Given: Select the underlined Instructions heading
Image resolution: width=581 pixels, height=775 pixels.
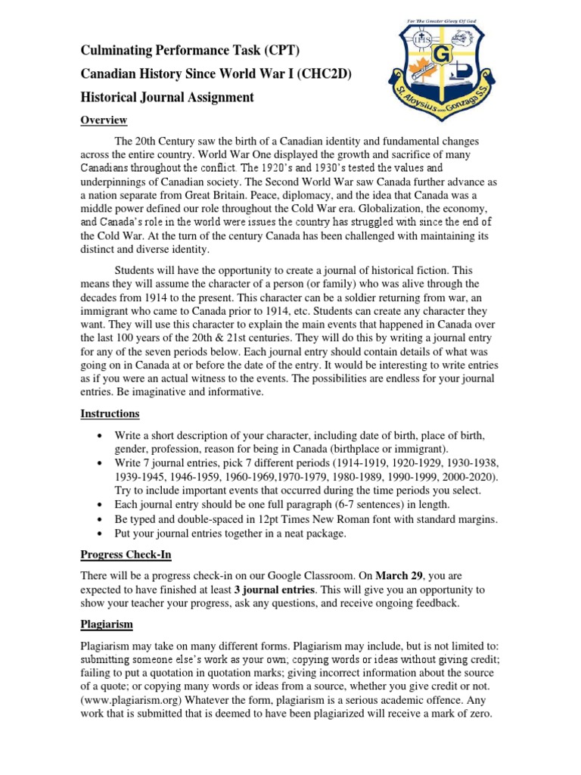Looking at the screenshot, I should (x=110, y=414).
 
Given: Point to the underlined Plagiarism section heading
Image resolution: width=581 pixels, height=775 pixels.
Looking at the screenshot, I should (x=107, y=624).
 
